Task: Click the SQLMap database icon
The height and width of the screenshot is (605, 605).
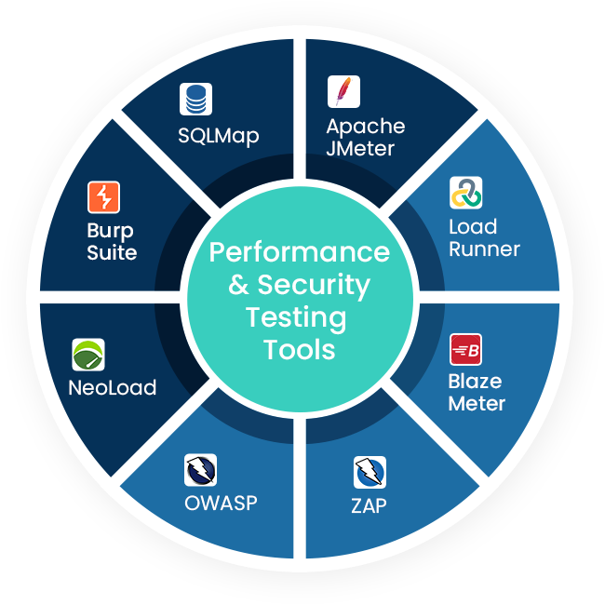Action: click(195, 99)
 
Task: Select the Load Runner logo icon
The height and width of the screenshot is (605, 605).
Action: click(465, 193)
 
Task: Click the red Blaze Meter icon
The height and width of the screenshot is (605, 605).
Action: click(465, 349)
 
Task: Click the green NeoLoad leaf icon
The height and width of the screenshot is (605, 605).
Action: click(88, 355)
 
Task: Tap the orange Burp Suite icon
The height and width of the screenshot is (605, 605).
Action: click(104, 197)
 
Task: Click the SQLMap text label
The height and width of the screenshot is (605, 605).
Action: click(218, 136)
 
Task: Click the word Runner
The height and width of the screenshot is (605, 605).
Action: click(484, 249)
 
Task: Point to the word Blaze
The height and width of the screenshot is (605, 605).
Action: click(475, 382)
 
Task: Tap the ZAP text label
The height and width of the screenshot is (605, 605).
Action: click(369, 507)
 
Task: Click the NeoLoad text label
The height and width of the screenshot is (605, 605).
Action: click(112, 388)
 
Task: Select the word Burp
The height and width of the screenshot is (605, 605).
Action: click(111, 231)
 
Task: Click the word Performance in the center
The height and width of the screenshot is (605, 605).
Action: click(299, 252)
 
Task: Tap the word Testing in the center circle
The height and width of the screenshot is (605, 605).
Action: click(295, 317)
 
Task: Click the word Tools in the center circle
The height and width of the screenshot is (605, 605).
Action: click(299, 350)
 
